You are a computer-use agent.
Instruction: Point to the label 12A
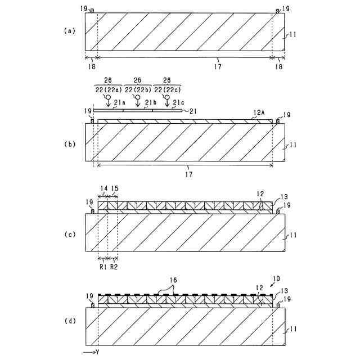tap(259, 113)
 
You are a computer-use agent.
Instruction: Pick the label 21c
tap(178, 102)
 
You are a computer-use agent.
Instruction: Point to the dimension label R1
tap(102, 266)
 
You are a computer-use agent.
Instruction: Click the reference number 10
tap(276, 280)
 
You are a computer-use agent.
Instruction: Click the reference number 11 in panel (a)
tap(292, 34)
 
